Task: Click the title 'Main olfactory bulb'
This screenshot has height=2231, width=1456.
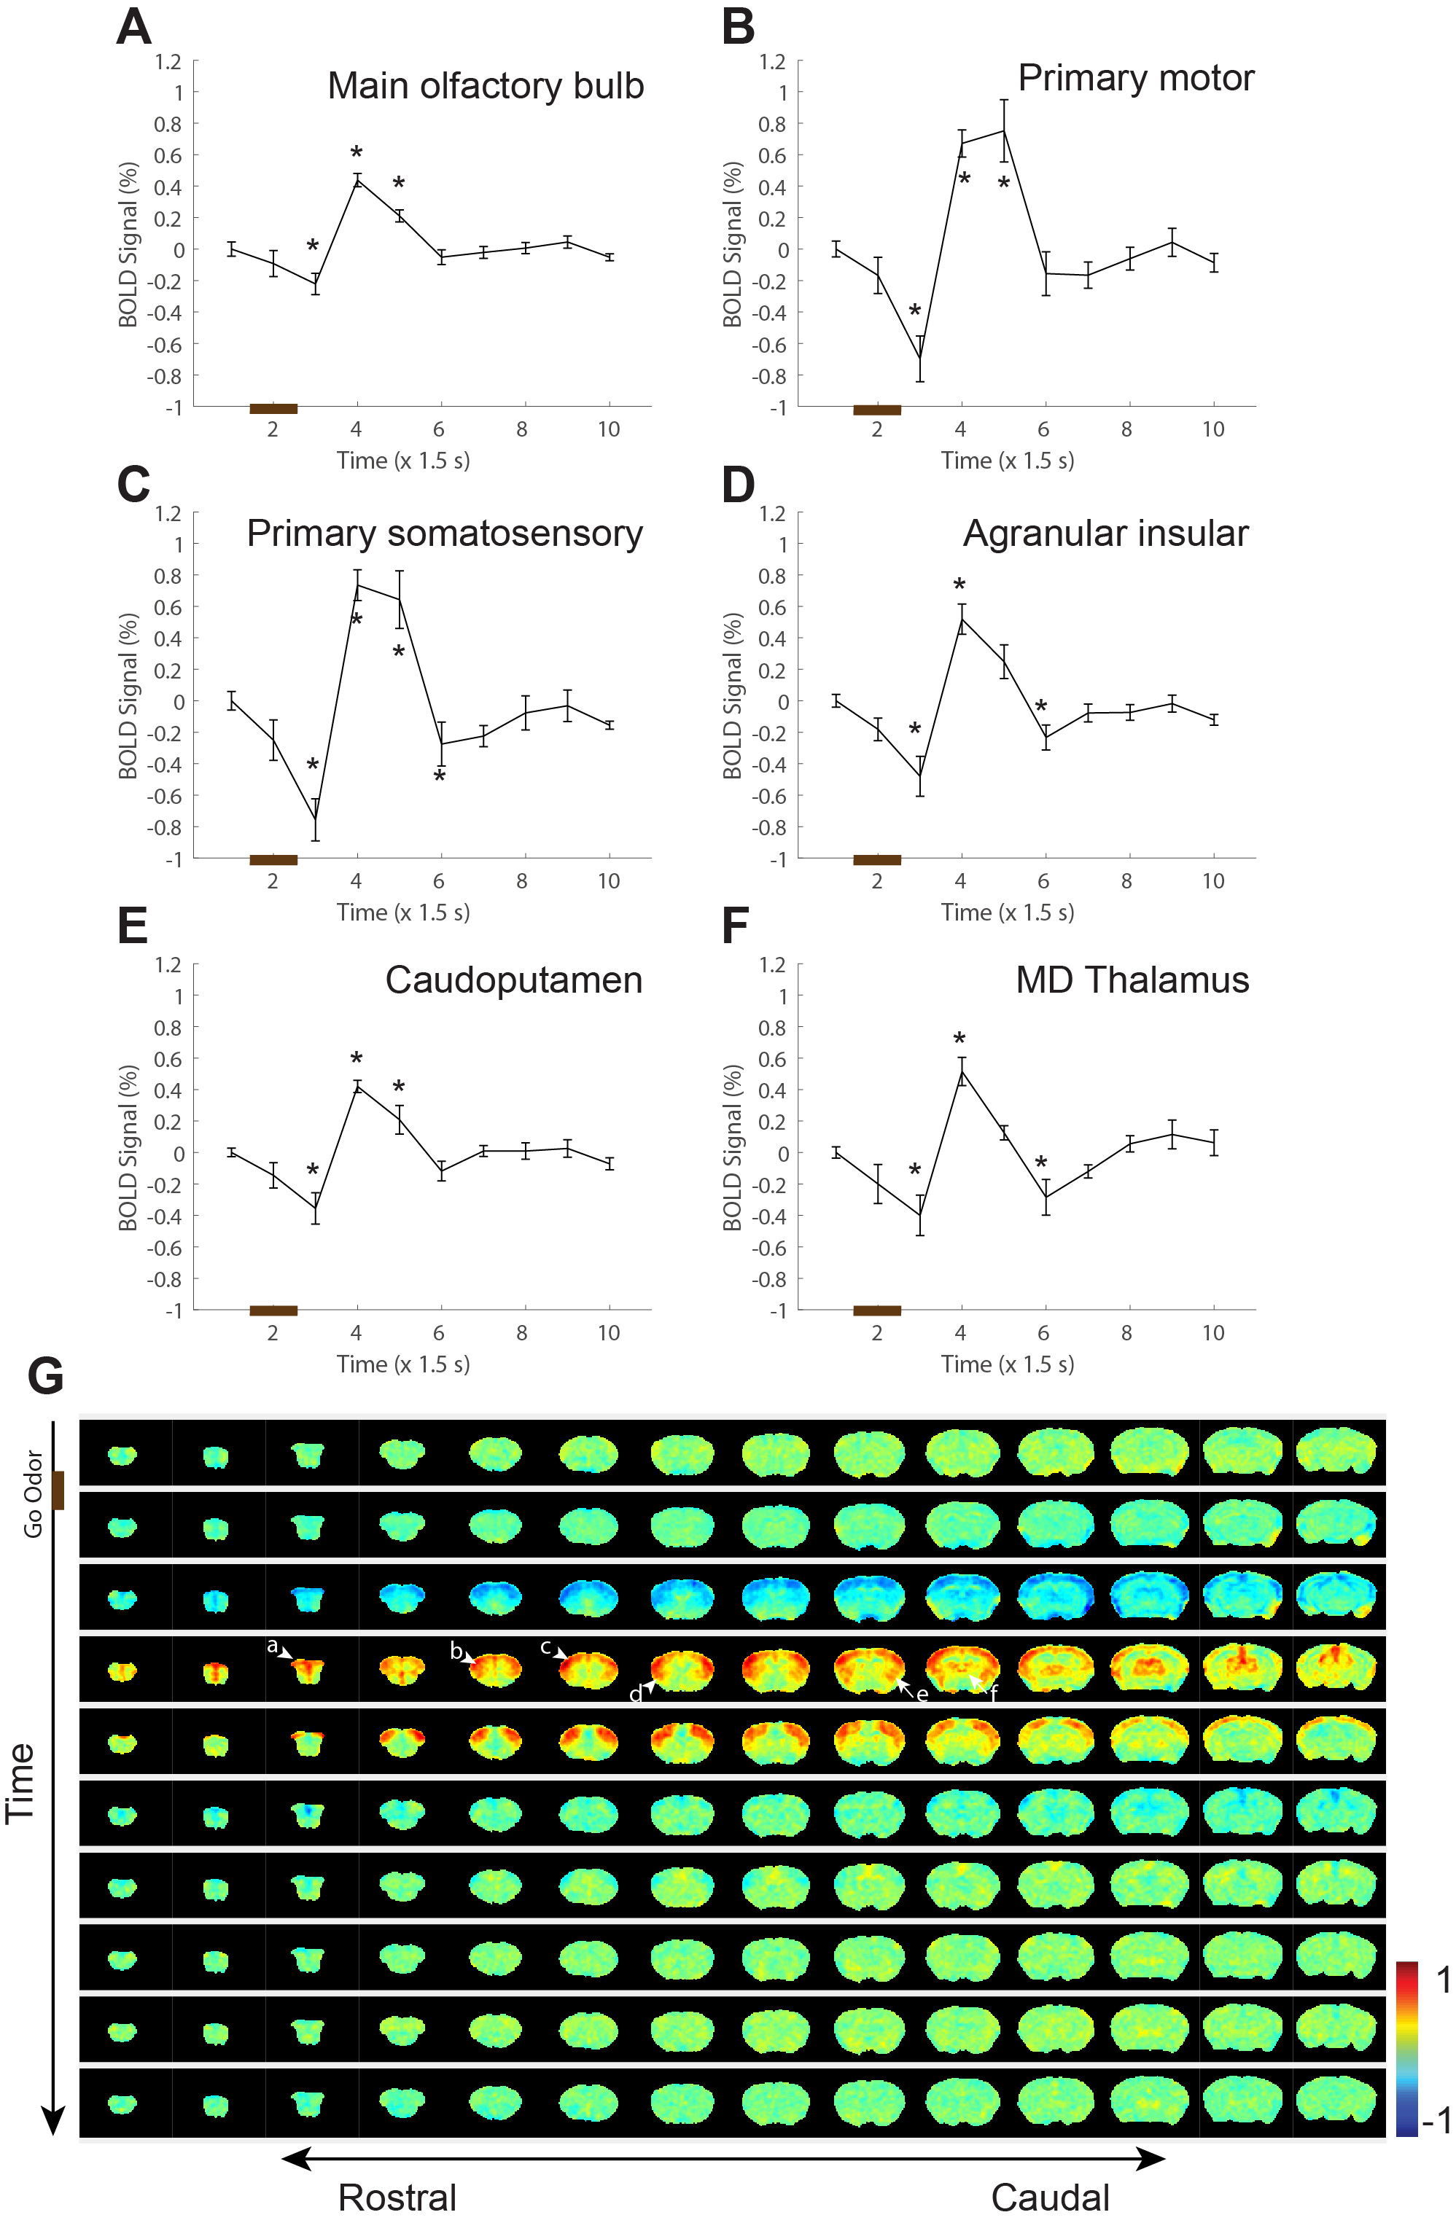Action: [485, 86]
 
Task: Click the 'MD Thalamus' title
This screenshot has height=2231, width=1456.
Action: [1132, 980]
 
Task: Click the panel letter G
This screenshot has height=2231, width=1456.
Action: [45, 1376]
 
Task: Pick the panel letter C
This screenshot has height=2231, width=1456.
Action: [133, 485]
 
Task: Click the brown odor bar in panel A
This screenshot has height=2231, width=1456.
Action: [273, 409]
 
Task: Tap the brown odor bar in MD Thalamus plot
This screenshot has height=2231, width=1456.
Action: [876, 1310]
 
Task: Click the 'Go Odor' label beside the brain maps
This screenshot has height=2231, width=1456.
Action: [34, 1494]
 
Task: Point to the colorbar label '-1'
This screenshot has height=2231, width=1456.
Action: [1436, 2119]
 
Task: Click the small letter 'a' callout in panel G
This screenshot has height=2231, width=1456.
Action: [272, 1646]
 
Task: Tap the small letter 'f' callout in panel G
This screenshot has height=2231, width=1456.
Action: [994, 1694]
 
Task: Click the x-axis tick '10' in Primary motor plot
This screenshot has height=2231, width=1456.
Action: [1212, 430]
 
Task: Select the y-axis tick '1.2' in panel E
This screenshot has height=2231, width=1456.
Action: [168, 966]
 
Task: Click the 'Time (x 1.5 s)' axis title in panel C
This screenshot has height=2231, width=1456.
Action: [403, 912]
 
